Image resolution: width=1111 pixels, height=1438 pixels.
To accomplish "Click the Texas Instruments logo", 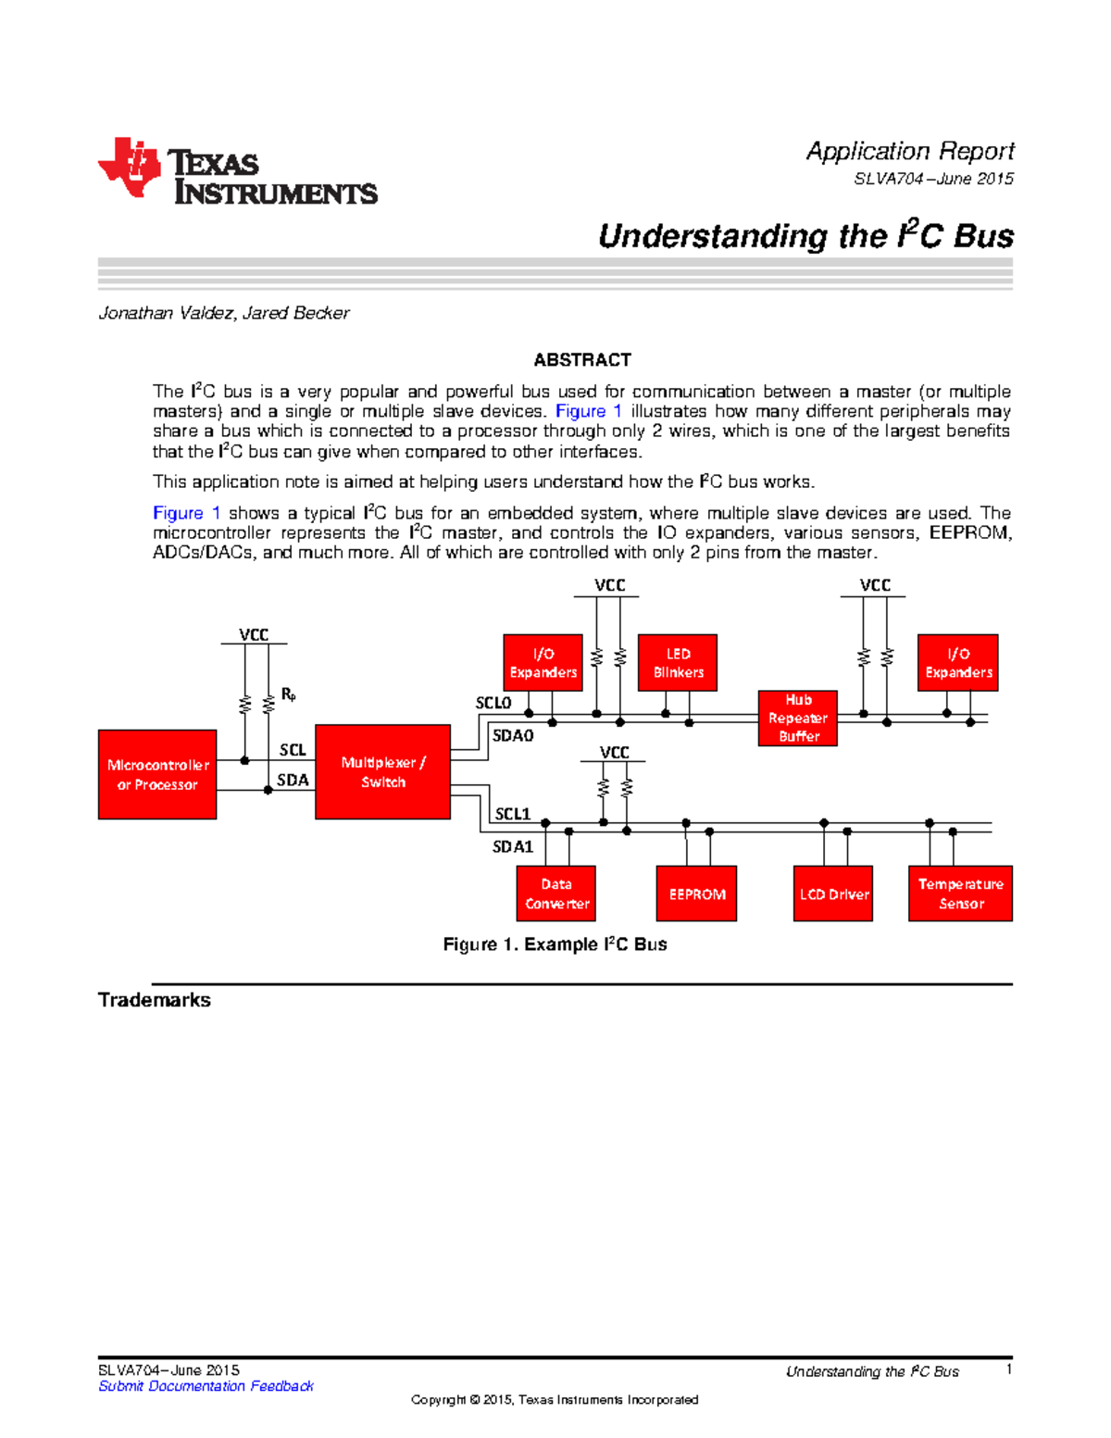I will pyautogui.click(x=237, y=171).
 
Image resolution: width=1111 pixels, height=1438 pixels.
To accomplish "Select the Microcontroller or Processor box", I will pyautogui.click(x=157, y=774).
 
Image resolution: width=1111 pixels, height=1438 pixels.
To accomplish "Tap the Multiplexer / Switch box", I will pyautogui.click(x=382, y=772).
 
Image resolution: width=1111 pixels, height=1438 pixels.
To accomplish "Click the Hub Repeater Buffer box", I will pyautogui.click(x=797, y=718).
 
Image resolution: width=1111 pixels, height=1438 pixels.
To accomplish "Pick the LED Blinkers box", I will pyautogui.click(x=678, y=663).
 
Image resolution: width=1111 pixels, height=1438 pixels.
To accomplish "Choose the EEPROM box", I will pyautogui.click(x=696, y=894).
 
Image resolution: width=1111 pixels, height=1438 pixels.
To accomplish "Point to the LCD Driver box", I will pyautogui.click(x=833, y=894).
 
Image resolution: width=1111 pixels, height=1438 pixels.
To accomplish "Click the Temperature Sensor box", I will pyautogui.click(x=960, y=894).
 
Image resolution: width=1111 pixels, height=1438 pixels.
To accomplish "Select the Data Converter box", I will pyautogui.click(x=556, y=894).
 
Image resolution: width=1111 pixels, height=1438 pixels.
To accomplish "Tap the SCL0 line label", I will pyautogui.click(x=493, y=703).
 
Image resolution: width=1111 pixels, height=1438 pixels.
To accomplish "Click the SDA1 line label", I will pyautogui.click(x=512, y=846).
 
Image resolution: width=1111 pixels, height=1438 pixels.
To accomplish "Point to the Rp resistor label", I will pyautogui.click(x=288, y=694).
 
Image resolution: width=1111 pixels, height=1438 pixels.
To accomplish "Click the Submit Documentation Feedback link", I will pyautogui.click(x=206, y=1386).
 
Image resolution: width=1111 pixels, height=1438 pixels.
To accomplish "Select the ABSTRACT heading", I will pyautogui.click(x=581, y=359).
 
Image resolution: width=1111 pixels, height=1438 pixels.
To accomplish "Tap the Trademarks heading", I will pyautogui.click(x=155, y=1000).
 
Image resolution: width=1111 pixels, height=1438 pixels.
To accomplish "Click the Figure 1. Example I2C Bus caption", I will pyautogui.click(x=555, y=944).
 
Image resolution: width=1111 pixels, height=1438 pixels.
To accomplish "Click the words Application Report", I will pyautogui.click(x=909, y=151).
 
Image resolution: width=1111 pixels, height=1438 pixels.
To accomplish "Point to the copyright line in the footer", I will pyautogui.click(x=555, y=1400).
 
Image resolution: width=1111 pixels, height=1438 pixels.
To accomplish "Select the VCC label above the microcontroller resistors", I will pyautogui.click(x=254, y=634).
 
